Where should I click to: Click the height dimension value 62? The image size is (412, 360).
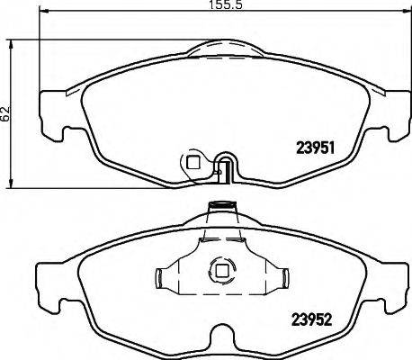click(6, 113)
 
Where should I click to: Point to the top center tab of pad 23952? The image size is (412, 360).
click(218, 211)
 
